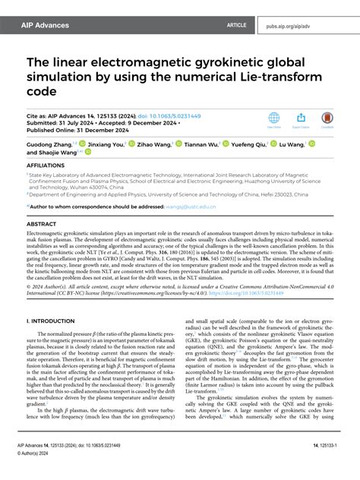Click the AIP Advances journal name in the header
(x=44, y=25)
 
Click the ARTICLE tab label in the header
(x=237, y=25)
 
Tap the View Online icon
(x=274, y=119)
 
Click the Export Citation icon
(x=301, y=119)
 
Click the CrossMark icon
(x=327, y=119)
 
